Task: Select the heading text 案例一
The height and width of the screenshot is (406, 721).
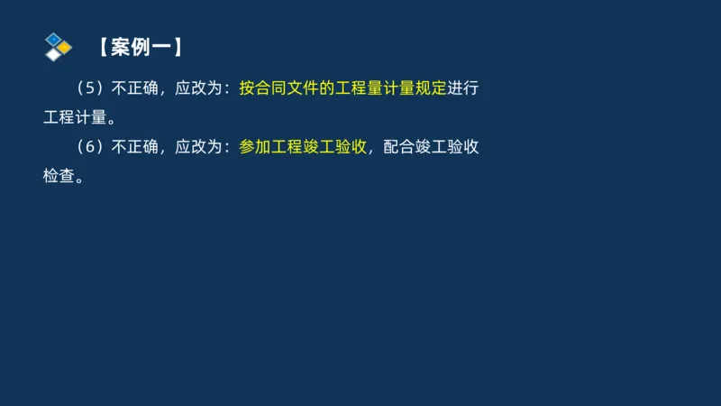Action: click(x=141, y=48)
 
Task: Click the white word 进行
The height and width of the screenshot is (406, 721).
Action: click(x=463, y=89)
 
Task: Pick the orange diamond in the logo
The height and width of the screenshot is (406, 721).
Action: click(x=65, y=46)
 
